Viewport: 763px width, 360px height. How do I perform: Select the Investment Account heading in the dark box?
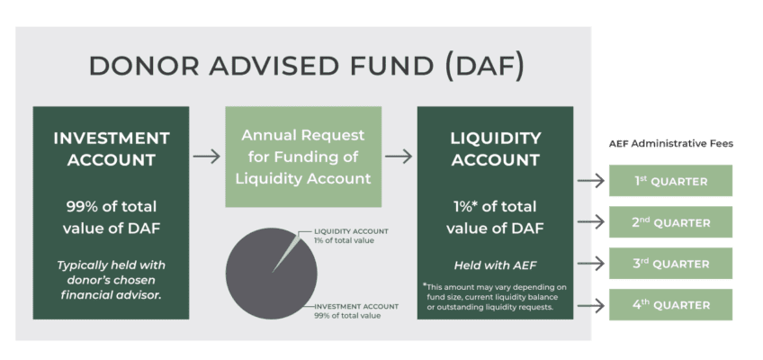click(x=112, y=148)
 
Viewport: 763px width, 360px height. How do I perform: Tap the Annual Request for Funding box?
click(x=303, y=157)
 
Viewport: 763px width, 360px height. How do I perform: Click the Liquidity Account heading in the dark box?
click(x=495, y=148)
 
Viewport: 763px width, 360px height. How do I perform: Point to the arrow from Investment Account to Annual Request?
click(x=207, y=156)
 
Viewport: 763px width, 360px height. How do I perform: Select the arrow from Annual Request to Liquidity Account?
click(x=399, y=156)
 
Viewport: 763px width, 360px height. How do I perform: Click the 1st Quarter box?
click(x=670, y=181)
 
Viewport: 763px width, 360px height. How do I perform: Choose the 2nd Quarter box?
click(x=670, y=222)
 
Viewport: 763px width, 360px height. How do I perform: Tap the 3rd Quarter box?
click(x=670, y=264)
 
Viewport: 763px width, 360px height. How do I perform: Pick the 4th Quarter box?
click(x=670, y=305)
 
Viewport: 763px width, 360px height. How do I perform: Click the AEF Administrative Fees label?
click(x=670, y=144)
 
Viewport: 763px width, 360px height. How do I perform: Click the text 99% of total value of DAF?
click(x=112, y=215)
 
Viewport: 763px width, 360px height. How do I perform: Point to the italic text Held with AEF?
click(x=495, y=265)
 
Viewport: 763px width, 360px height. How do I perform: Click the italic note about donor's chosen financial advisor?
click(x=112, y=280)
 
